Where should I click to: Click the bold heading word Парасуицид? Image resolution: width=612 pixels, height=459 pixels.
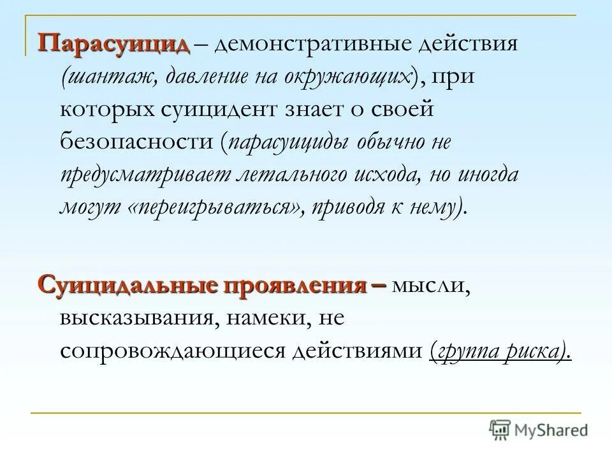114,45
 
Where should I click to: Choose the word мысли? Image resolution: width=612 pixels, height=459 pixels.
430,286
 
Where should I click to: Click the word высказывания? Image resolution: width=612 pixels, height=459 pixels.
136,318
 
